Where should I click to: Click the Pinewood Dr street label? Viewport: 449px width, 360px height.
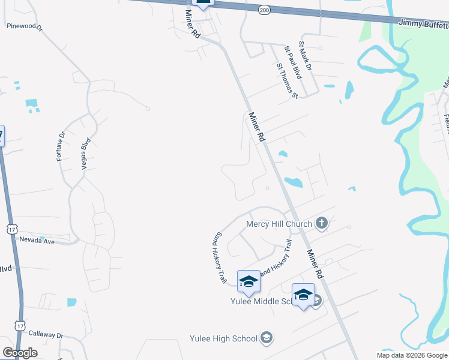point(25,26)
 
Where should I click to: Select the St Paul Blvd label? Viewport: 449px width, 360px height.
point(292,62)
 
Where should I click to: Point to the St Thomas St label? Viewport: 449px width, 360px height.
point(287,81)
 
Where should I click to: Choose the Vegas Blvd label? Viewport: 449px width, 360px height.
point(85,152)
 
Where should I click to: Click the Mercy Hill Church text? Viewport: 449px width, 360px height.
point(279,224)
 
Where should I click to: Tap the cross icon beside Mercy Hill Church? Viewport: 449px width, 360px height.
point(321,224)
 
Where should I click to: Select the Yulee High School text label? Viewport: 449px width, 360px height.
point(223,338)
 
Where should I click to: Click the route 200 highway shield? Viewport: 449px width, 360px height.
point(264,10)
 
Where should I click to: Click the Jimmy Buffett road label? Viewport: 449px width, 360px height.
point(423,23)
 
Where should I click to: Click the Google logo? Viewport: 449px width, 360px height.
point(20,352)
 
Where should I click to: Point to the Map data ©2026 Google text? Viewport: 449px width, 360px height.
point(411,355)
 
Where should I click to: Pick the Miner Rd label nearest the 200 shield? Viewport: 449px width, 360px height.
point(193,25)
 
